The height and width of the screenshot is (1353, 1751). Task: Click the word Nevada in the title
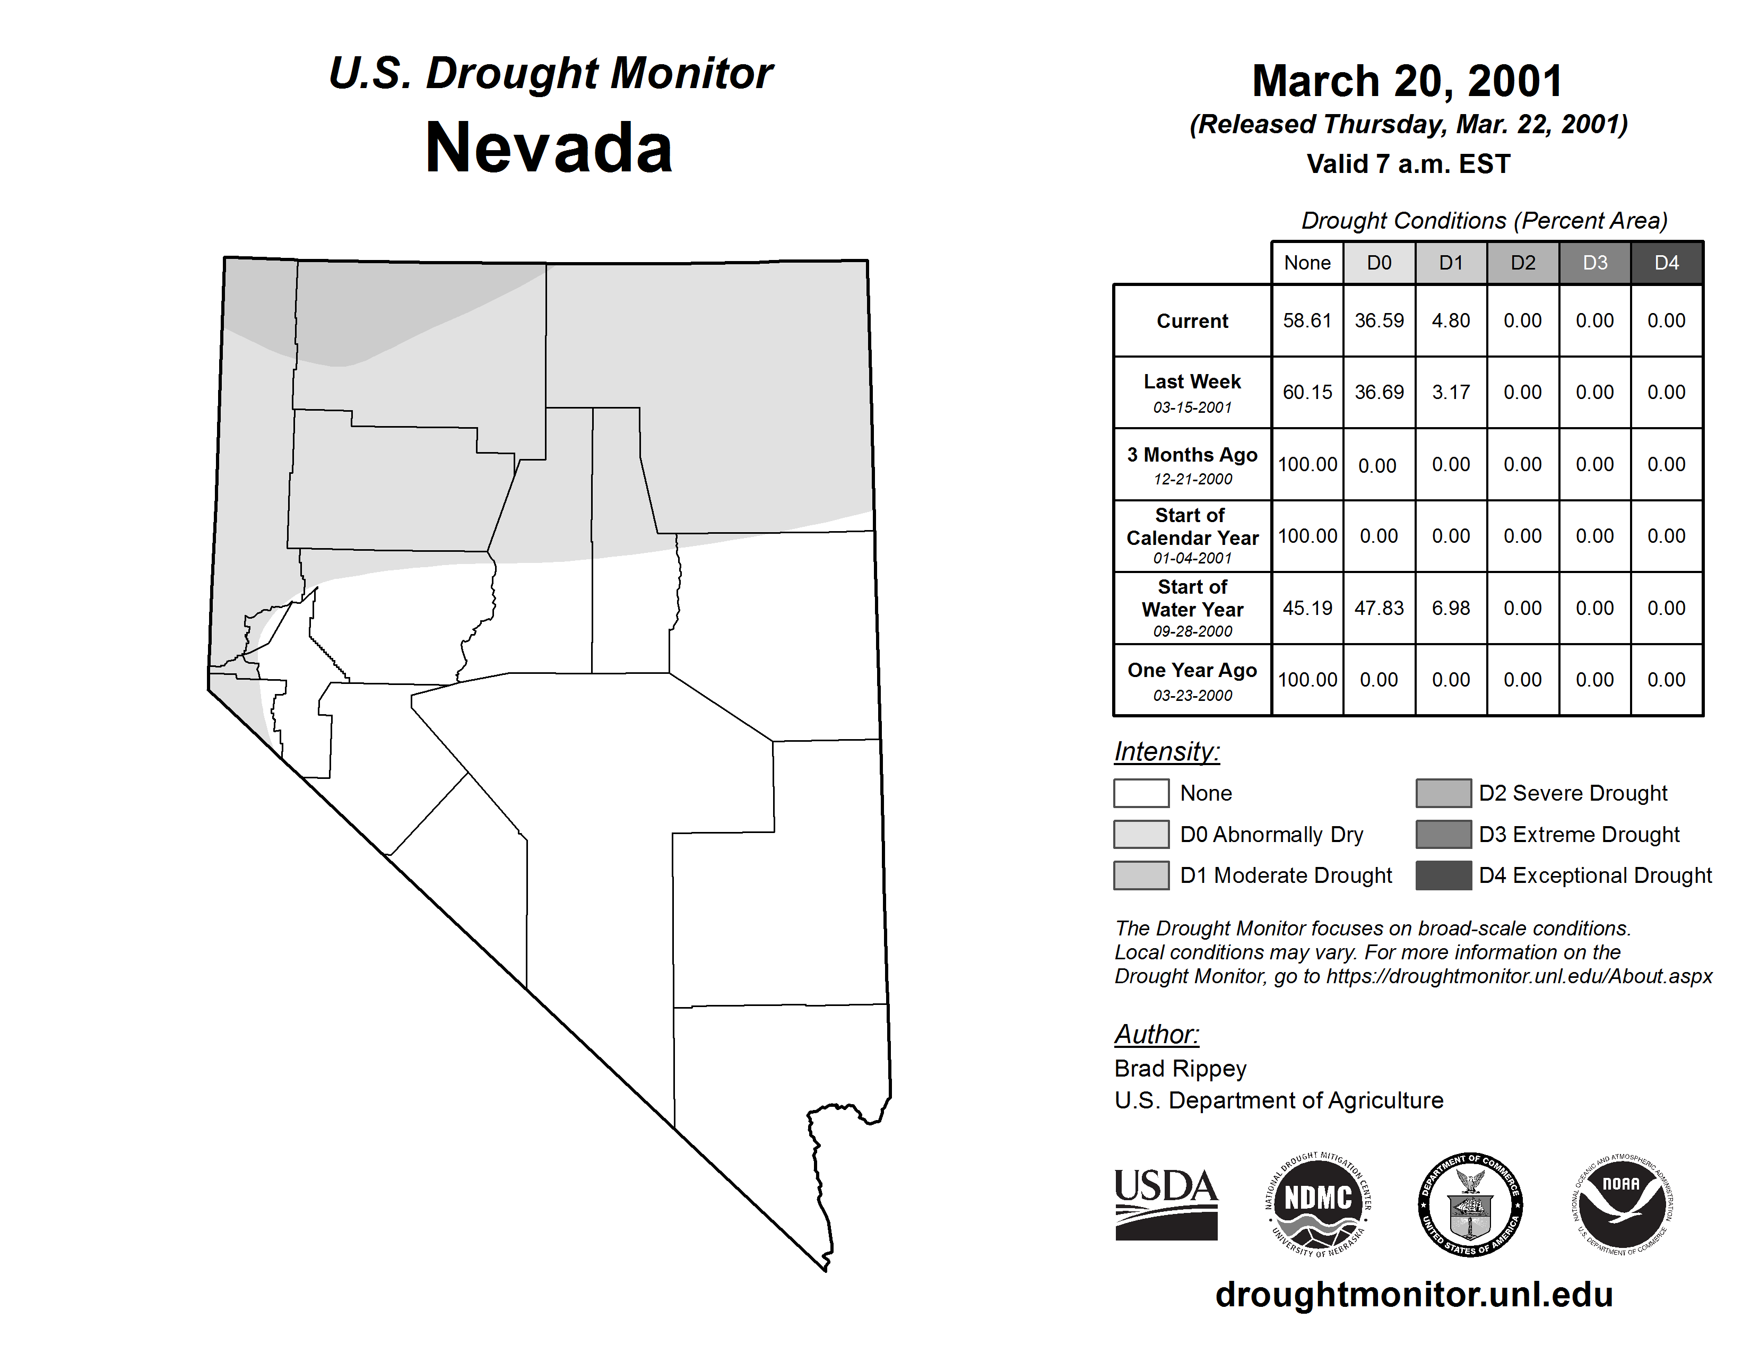549,148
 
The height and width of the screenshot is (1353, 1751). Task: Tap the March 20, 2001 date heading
1408,81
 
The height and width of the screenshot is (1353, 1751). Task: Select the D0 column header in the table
1379,263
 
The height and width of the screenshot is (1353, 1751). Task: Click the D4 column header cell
1667,263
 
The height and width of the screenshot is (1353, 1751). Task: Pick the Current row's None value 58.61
1307,320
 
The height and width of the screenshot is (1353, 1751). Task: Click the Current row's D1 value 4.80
1451,320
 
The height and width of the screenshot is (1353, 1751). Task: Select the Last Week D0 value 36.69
1379,392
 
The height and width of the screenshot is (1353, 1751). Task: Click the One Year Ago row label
1192,680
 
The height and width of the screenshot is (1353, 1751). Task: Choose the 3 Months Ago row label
1192,464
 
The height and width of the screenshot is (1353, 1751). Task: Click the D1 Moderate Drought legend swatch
1141,875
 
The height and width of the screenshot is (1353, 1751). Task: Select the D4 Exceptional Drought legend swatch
1443,875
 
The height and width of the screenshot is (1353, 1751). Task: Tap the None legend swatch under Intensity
1141,793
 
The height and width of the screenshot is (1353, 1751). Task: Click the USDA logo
1166,1204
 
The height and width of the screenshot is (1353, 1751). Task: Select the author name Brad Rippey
1180,1069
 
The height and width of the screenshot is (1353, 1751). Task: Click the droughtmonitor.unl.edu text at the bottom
1414,1295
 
